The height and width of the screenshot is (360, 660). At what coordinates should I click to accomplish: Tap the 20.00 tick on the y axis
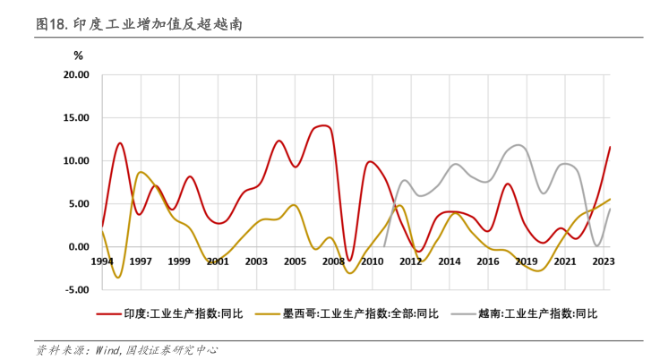(76, 75)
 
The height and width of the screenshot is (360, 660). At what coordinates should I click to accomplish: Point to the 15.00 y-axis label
(76, 118)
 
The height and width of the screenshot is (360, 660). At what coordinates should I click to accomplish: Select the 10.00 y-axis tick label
(76, 161)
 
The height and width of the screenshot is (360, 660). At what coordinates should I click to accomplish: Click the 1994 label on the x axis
(102, 261)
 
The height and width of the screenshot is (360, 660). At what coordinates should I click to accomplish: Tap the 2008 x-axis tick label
(333, 261)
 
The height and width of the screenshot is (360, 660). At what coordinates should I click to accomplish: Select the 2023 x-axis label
(603, 261)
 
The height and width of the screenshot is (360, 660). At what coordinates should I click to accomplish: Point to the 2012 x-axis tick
(410, 261)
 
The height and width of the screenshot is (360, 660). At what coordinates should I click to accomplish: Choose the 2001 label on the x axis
(218, 261)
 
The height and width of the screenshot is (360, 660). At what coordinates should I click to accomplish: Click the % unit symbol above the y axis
(78, 56)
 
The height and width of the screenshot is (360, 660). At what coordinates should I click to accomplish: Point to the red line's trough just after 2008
(350, 261)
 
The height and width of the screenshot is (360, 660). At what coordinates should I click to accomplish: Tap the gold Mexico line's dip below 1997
(118, 278)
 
